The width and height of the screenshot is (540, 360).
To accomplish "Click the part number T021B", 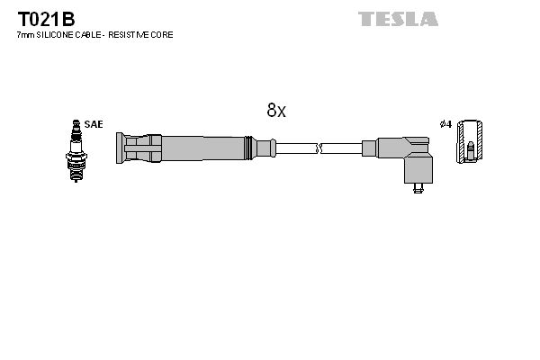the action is [x=46, y=19].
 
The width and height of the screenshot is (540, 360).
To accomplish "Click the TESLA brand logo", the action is [x=398, y=19].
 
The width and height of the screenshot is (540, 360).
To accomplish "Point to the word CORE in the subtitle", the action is [x=165, y=35].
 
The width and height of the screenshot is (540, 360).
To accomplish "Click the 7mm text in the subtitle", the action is [x=26, y=35].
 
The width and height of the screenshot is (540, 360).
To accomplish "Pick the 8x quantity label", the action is [x=276, y=110].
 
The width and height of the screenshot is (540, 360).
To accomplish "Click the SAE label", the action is [x=94, y=124].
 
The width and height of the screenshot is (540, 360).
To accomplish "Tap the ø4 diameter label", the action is [x=445, y=124].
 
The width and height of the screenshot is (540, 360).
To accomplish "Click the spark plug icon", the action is [x=76, y=150].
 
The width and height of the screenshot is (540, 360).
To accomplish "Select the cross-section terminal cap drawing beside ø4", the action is [x=469, y=141].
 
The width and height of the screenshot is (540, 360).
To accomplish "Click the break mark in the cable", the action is [x=319, y=148].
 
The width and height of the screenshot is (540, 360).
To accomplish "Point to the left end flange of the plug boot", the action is [x=120, y=148].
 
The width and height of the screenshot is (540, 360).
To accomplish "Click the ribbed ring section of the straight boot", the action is [x=248, y=148].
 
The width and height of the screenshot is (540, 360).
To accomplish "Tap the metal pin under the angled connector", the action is [x=418, y=188].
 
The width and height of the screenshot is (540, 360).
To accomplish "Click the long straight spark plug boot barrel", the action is [x=203, y=148].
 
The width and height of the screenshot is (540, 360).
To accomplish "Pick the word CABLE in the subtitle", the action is [x=88, y=35].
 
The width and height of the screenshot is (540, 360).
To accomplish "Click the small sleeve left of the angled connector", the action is [x=369, y=148].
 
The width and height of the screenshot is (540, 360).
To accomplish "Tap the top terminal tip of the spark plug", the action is [x=76, y=121].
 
